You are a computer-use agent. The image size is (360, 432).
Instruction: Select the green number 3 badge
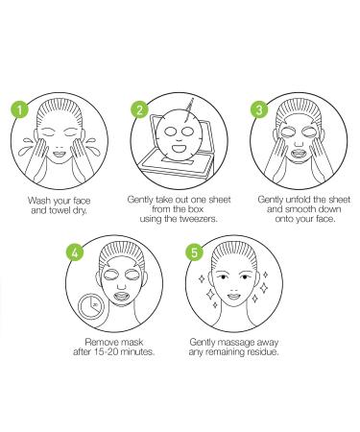(256, 108)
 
